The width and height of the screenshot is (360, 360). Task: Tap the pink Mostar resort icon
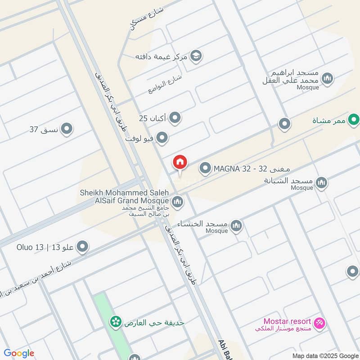[319, 323]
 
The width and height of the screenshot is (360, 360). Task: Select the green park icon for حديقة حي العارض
[116, 322]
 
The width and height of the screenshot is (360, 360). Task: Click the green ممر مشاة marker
[354, 120]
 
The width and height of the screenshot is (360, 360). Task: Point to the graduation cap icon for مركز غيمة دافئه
[196, 56]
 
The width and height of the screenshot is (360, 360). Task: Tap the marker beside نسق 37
[67, 130]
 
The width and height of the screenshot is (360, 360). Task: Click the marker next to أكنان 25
[175, 118]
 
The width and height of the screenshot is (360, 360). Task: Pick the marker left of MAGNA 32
[205, 169]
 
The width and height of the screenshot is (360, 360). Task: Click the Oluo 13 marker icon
[82, 247]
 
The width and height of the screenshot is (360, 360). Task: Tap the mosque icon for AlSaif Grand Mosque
[177, 202]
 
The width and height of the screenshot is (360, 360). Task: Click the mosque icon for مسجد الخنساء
[236, 225]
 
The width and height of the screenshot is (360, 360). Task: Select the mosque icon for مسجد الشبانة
[321, 182]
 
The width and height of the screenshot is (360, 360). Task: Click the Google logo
[19, 353]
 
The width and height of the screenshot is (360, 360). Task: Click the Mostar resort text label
[288, 321]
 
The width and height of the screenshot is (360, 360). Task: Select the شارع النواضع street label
[165, 84]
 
